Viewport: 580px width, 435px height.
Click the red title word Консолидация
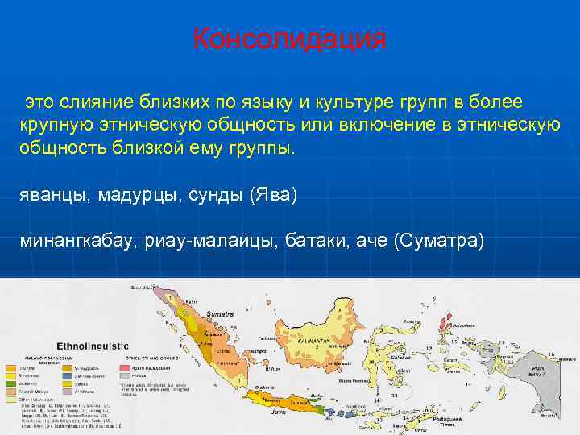coord(289,39)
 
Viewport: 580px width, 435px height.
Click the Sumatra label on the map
coord(219,313)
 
